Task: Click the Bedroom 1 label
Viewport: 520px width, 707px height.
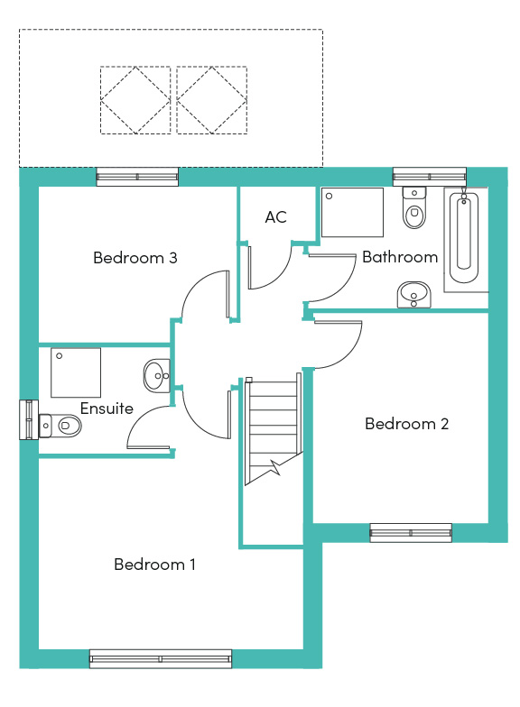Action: pos(154,565)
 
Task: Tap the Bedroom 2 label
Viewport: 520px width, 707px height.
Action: pos(406,424)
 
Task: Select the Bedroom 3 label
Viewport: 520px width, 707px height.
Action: pos(135,258)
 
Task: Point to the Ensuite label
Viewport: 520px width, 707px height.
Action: pos(107,408)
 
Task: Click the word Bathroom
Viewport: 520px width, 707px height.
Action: pos(400,256)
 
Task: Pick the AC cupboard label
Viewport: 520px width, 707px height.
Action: pos(276,216)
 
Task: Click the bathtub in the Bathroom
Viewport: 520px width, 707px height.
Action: pos(464,238)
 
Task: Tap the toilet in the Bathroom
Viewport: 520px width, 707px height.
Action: pos(413,207)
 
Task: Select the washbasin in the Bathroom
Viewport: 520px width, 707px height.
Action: pos(413,295)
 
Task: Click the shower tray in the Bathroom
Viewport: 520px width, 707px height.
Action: pos(352,213)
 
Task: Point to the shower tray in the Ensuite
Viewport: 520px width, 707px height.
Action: pos(76,372)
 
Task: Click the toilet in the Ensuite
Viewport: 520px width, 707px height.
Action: pos(60,426)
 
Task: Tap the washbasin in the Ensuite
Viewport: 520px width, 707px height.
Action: pos(157,375)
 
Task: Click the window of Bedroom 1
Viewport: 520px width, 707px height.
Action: pos(161,658)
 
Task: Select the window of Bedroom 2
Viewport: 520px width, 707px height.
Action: pos(411,532)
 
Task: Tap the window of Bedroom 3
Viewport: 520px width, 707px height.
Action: pos(137,177)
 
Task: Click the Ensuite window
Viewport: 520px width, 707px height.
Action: pos(29,419)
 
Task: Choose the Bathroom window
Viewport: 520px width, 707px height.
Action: pos(430,177)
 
